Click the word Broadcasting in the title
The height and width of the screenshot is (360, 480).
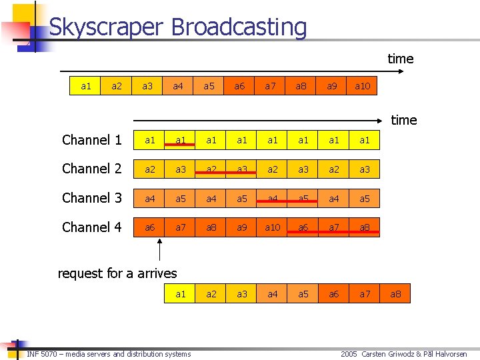click(239, 27)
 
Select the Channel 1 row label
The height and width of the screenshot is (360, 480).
click(91, 140)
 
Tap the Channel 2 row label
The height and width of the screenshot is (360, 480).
click(91, 169)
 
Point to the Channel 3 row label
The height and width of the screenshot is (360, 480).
click(91, 198)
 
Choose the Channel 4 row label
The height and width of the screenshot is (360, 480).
click(91, 227)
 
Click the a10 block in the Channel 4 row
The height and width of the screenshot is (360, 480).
click(273, 227)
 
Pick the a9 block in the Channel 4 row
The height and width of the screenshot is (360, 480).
click(242, 227)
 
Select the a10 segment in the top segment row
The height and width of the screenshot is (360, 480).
click(363, 86)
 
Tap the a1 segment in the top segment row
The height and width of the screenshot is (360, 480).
click(86, 86)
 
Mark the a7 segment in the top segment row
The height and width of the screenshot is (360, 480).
click(270, 86)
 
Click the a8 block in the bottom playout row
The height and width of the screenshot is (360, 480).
click(395, 294)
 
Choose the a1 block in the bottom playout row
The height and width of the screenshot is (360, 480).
click(181, 294)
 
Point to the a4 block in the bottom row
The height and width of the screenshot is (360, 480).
click(273, 294)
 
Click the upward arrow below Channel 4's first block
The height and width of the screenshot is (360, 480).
click(160, 252)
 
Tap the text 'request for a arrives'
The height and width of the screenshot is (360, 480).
click(117, 273)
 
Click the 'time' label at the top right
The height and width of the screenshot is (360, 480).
click(401, 59)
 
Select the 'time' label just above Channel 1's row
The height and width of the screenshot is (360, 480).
click(404, 120)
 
